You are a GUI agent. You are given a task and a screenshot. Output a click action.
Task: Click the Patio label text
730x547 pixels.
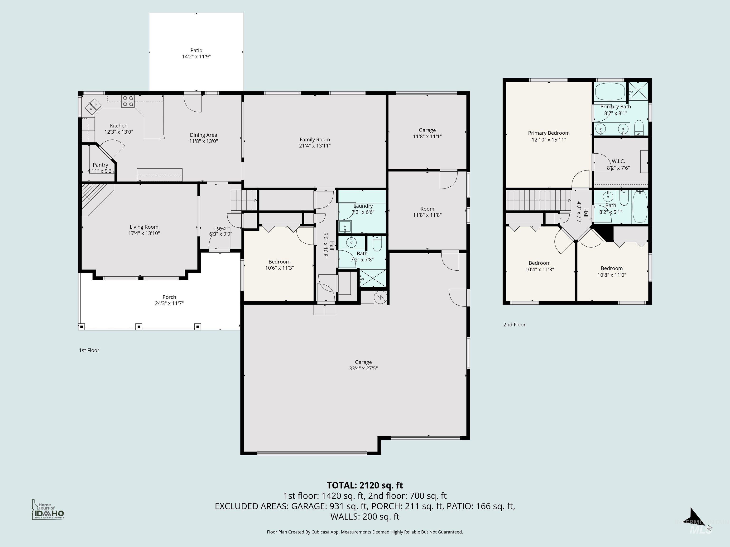196,50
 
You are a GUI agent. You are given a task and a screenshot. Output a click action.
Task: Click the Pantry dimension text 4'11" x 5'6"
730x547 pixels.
100,171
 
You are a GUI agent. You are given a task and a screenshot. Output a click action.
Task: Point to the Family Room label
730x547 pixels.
315,139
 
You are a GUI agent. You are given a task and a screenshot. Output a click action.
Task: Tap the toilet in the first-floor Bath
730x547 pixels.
377,244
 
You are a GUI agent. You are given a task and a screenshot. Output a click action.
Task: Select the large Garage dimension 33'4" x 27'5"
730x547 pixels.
363,368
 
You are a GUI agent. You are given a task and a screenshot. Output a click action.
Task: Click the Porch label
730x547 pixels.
169,297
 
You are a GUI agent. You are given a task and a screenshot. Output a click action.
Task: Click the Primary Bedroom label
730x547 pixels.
548,133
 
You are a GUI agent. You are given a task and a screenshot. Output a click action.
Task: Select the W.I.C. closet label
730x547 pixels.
618,161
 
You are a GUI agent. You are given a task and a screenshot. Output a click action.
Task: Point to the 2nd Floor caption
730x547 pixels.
514,325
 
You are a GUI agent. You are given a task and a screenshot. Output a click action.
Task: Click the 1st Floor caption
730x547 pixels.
89,350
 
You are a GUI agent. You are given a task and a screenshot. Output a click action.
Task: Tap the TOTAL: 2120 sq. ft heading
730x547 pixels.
365,485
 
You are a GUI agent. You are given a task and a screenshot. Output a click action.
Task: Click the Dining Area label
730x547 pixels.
203,135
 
